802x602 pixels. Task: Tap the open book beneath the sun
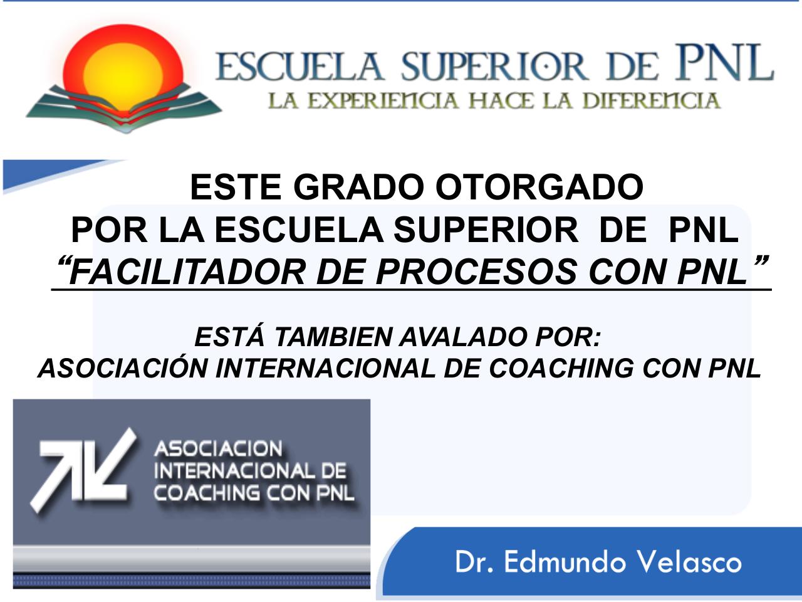pyautogui.click(x=123, y=108)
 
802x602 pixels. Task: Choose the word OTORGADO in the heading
pyautogui.click(x=539, y=187)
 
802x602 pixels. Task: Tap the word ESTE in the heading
pyautogui.click(x=236, y=187)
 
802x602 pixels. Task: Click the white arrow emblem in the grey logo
pyautogui.click(x=83, y=470)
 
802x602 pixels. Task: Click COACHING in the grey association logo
pyautogui.click(x=206, y=493)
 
